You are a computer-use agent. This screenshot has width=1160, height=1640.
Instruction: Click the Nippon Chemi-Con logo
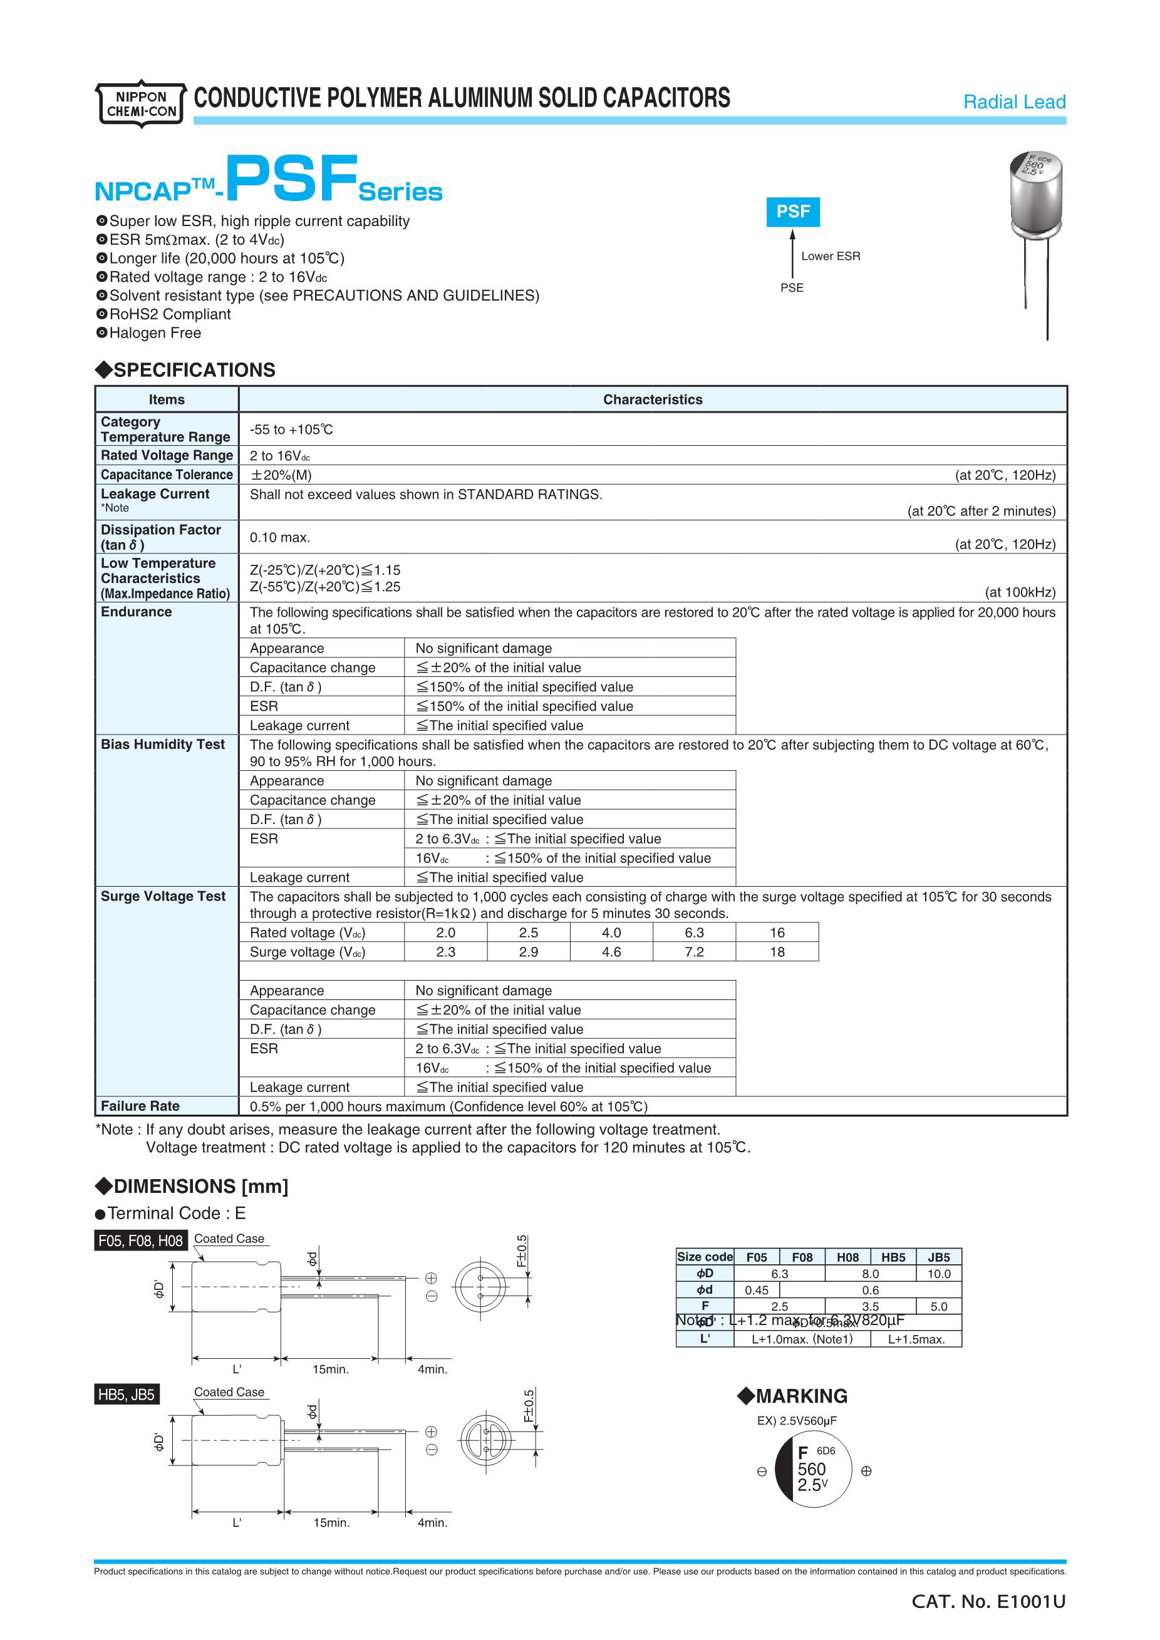(141, 103)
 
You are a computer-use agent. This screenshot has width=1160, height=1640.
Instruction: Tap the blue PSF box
(793, 212)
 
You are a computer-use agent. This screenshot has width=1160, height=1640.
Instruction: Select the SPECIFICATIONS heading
(186, 370)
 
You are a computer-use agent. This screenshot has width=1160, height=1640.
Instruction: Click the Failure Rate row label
(140, 1106)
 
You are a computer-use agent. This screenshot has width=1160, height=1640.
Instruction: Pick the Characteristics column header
(652, 400)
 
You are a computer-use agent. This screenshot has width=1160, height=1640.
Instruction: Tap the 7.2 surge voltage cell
(693, 952)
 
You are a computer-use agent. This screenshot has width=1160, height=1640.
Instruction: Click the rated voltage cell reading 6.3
(693, 933)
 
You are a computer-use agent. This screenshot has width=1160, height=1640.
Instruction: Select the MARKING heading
(792, 1396)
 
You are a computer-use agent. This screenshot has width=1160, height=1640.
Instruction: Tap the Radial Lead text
(1013, 102)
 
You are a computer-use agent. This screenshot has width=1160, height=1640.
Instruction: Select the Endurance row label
(137, 612)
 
